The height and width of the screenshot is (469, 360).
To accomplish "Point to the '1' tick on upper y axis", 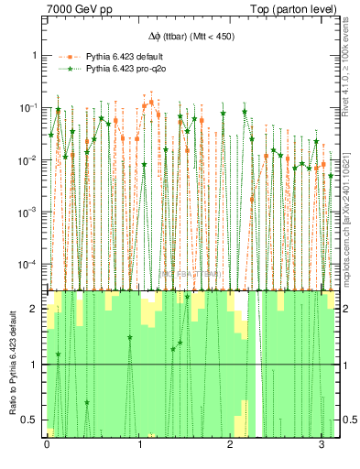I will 35,55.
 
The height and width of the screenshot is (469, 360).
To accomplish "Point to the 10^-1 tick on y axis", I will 30,107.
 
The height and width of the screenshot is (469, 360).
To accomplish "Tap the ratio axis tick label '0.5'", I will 32,420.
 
